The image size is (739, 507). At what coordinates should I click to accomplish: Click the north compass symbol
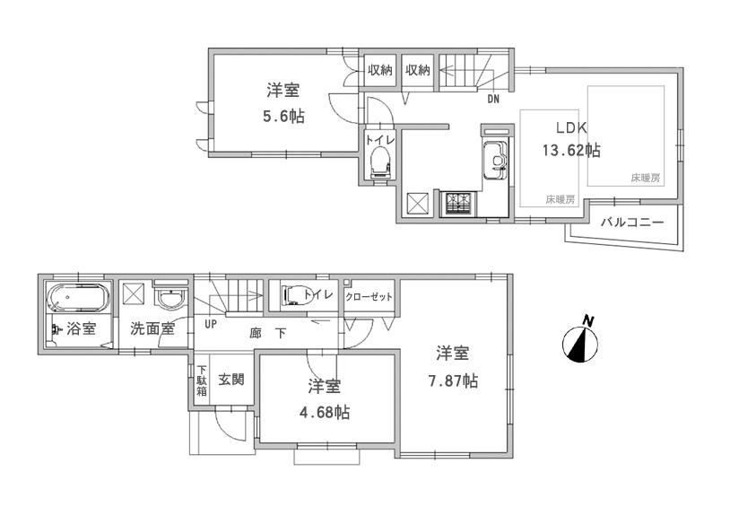[582, 343]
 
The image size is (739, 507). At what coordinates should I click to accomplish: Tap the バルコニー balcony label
[632, 221]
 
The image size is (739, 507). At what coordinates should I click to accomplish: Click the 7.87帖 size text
[454, 380]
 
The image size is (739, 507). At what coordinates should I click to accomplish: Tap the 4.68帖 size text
[325, 412]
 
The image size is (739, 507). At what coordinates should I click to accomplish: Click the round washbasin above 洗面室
[168, 297]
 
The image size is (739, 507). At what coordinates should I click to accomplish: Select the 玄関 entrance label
[230, 379]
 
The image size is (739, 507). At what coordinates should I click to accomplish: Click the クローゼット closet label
[369, 296]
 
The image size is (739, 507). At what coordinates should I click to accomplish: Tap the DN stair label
[493, 100]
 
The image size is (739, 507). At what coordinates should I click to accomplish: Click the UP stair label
[211, 324]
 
